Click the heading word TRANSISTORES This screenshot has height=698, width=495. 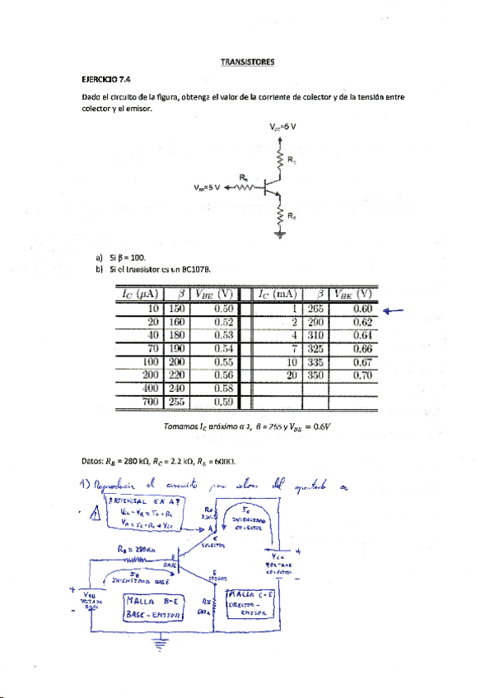click(x=247, y=62)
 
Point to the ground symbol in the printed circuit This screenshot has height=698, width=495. click(x=280, y=235)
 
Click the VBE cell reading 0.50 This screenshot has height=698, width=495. click(x=213, y=308)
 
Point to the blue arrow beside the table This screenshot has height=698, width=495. click(x=395, y=310)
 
